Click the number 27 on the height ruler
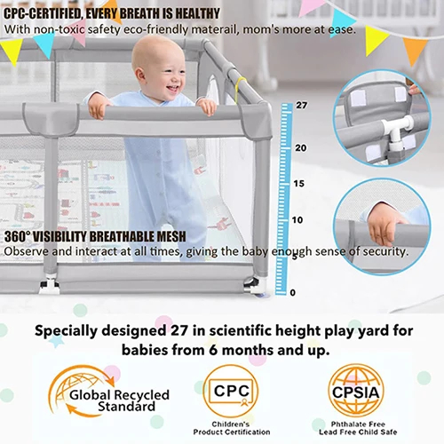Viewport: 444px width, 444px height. click(302, 105)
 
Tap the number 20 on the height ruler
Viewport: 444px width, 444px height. click(301, 147)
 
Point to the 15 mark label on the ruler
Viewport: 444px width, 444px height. click(299, 184)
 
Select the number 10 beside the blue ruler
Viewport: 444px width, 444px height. click(297, 220)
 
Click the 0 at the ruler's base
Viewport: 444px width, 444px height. click(293, 292)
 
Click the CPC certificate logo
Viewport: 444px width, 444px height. click(231, 392)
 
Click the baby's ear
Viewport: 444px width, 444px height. click(140, 76)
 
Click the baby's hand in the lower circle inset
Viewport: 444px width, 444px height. click(384, 222)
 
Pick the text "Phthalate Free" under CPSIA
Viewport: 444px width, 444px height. click(358, 424)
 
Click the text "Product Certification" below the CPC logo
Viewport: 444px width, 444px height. click(232, 432)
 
